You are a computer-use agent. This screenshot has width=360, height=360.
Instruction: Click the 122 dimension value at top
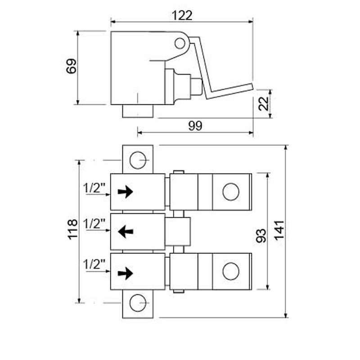[x=182, y=15]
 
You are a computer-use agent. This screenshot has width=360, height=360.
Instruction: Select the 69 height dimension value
[x=72, y=67]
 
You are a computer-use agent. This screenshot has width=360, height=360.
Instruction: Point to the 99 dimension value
[x=195, y=126]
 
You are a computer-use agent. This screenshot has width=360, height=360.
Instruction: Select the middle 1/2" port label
[x=94, y=224]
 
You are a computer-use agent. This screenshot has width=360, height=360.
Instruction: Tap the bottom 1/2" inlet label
[x=94, y=264]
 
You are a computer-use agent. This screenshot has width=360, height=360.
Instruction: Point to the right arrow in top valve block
[x=126, y=192]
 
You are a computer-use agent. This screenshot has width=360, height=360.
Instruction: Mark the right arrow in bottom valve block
[x=126, y=272]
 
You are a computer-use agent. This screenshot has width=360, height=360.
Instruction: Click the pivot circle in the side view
[x=180, y=43]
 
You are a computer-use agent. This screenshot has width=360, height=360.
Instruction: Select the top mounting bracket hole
[x=138, y=159]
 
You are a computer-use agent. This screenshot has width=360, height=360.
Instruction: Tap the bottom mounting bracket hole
[x=138, y=302]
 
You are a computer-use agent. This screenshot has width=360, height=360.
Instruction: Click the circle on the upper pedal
[x=231, y=192]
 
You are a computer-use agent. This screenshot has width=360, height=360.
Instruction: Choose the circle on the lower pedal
[x=231, y=271]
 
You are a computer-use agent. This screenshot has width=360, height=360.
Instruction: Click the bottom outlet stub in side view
[x=138, y=111]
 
